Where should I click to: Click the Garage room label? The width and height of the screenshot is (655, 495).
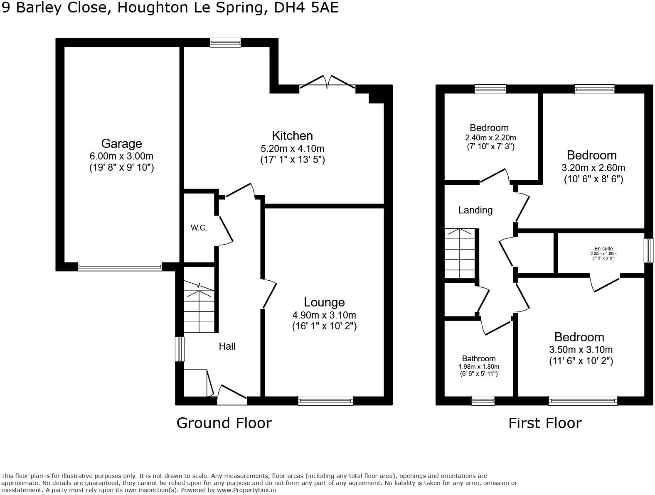point(121,144)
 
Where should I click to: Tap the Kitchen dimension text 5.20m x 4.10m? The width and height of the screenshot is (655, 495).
point(292,149)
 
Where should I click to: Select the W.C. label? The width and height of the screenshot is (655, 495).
point(199,228)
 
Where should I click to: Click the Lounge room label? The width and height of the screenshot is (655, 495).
point(324,302)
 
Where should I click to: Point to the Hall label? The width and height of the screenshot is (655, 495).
point(227,346)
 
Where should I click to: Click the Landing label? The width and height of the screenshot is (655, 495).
point(475,210)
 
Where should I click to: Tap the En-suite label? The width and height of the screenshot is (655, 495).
point(603,249)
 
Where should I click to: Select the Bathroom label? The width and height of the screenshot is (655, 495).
point(479,359)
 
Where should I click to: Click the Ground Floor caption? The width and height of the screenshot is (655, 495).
point(224,423)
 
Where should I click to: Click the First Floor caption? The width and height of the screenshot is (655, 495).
point(545,423)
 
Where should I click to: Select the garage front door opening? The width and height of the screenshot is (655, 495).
point(120,268)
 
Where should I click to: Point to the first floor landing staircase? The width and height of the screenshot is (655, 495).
point(459,253)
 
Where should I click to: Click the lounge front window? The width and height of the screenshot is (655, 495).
point(325,400)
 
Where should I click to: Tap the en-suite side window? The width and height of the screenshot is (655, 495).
point(648,250)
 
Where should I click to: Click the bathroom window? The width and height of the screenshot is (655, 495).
point(483,400)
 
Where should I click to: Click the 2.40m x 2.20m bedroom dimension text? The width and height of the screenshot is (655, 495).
point(490,138)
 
